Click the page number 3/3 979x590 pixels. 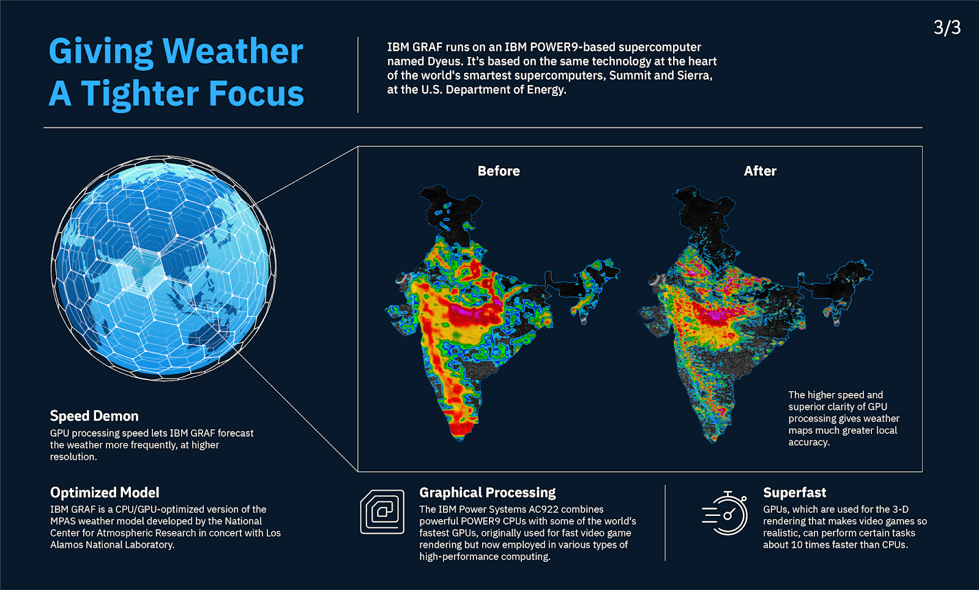(x=947, y=28)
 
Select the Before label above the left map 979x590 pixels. (x=498, y=171)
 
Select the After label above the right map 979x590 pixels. (x=759, y=171)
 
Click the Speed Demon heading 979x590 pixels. (x=94, y=416)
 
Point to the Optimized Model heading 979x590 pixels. (x=105, y=493)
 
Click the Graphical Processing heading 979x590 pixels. (x=487, y=493)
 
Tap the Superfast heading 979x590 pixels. (x=794, y=493)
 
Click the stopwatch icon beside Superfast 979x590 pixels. (x=726, y=513)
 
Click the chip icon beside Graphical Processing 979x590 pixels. (x=382, y=512)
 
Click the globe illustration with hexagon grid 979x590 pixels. (x=163, y=267)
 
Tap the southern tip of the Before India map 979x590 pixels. (x=460, y=436)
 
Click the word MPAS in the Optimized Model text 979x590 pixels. (x=62, y=521)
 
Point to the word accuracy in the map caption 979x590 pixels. (x=808, y=443)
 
